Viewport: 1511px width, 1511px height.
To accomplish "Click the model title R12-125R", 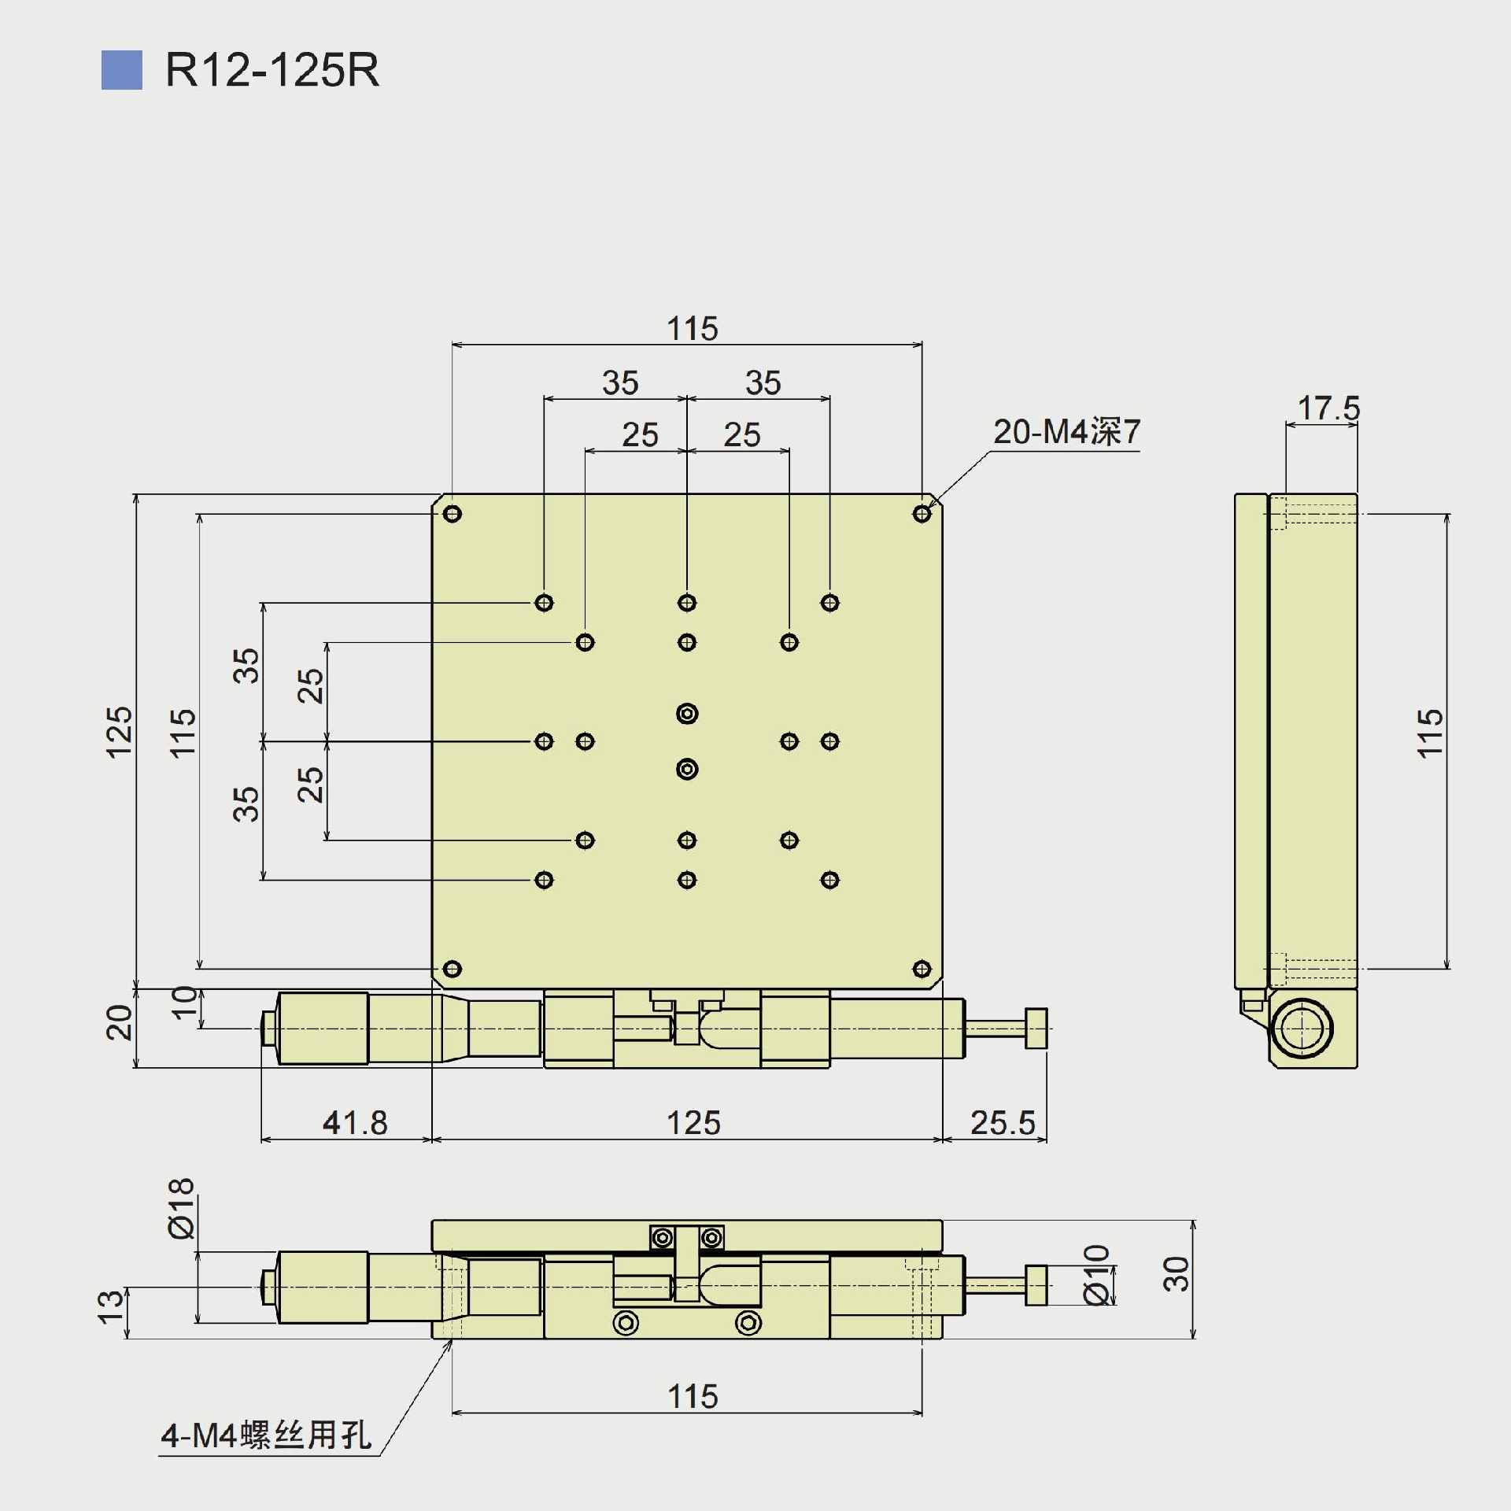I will coord(272,71).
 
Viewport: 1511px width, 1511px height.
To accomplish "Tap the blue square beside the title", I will coord(122,70).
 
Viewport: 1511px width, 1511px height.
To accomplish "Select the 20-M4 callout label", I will coord(1066,432).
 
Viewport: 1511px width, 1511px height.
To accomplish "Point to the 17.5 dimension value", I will coord(1328,408).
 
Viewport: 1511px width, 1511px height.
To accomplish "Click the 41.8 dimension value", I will coord(355,1123).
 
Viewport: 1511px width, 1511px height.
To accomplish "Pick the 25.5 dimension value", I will coord(1002,1123).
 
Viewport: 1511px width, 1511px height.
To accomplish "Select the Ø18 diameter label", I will coord(181,1208).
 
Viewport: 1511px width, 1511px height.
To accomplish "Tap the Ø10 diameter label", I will coord(1097,1274).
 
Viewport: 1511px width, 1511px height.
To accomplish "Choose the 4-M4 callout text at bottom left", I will coord(266,1435).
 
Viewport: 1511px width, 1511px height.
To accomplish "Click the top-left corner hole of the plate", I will coord(453,514).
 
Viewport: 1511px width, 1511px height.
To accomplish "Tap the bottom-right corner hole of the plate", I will coord(922,969).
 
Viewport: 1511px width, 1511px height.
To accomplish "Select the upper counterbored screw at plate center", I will coord(687,714).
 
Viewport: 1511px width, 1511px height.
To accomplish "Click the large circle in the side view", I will coord(1301,1029).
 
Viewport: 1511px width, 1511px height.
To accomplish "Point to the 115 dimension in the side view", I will coord(1430,733).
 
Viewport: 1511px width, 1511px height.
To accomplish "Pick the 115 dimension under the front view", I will coord(693,1397).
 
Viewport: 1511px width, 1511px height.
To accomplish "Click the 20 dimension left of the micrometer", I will coord(120,1022).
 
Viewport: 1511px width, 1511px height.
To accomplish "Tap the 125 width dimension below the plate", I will coord(693,1123).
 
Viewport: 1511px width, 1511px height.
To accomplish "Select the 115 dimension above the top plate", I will coord(693,329).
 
